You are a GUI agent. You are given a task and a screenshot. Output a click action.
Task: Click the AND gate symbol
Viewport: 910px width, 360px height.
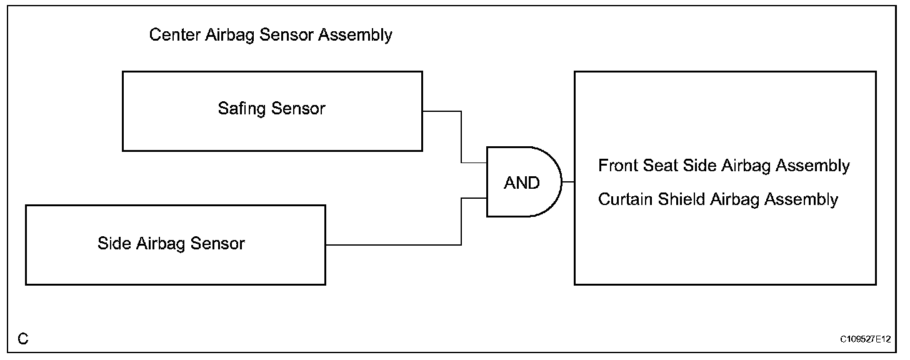[522, 182]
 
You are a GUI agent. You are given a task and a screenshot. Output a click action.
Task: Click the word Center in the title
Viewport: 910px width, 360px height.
[175, 34]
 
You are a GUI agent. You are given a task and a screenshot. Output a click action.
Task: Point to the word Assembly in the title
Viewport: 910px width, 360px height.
[355, 34]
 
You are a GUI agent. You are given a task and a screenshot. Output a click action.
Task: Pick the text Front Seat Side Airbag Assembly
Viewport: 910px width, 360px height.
[724, 166]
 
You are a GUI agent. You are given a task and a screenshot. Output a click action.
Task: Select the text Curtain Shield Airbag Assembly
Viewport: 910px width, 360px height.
[718, 199]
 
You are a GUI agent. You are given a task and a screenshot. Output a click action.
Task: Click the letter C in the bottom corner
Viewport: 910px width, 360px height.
[23, 339]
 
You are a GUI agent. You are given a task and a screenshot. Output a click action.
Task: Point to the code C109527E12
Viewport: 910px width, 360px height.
[866, 339]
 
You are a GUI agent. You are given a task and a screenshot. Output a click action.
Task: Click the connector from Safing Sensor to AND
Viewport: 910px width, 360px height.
[461, 137]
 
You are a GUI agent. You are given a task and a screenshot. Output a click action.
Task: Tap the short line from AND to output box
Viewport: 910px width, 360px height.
[568, 182]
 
